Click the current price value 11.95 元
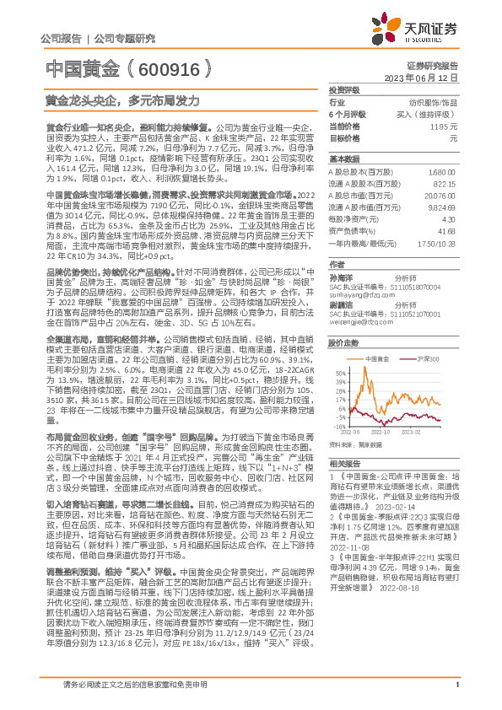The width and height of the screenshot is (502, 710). pos(443,125)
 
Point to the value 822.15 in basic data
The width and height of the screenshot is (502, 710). pos(444,183)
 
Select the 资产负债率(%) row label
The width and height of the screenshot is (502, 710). pos(353,230)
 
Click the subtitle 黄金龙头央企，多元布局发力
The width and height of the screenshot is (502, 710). pos(122,100)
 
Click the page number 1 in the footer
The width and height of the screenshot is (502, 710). pos(456,693)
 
